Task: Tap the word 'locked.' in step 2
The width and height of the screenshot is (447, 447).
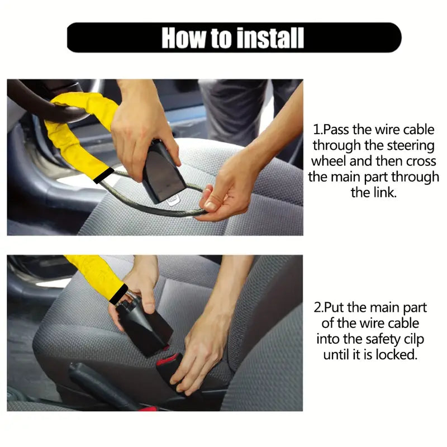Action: click(x=397, y=355)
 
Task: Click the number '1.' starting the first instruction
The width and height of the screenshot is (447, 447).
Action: click(x=317, y=130)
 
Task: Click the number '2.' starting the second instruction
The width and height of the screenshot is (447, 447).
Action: click(x=318, y=308)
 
